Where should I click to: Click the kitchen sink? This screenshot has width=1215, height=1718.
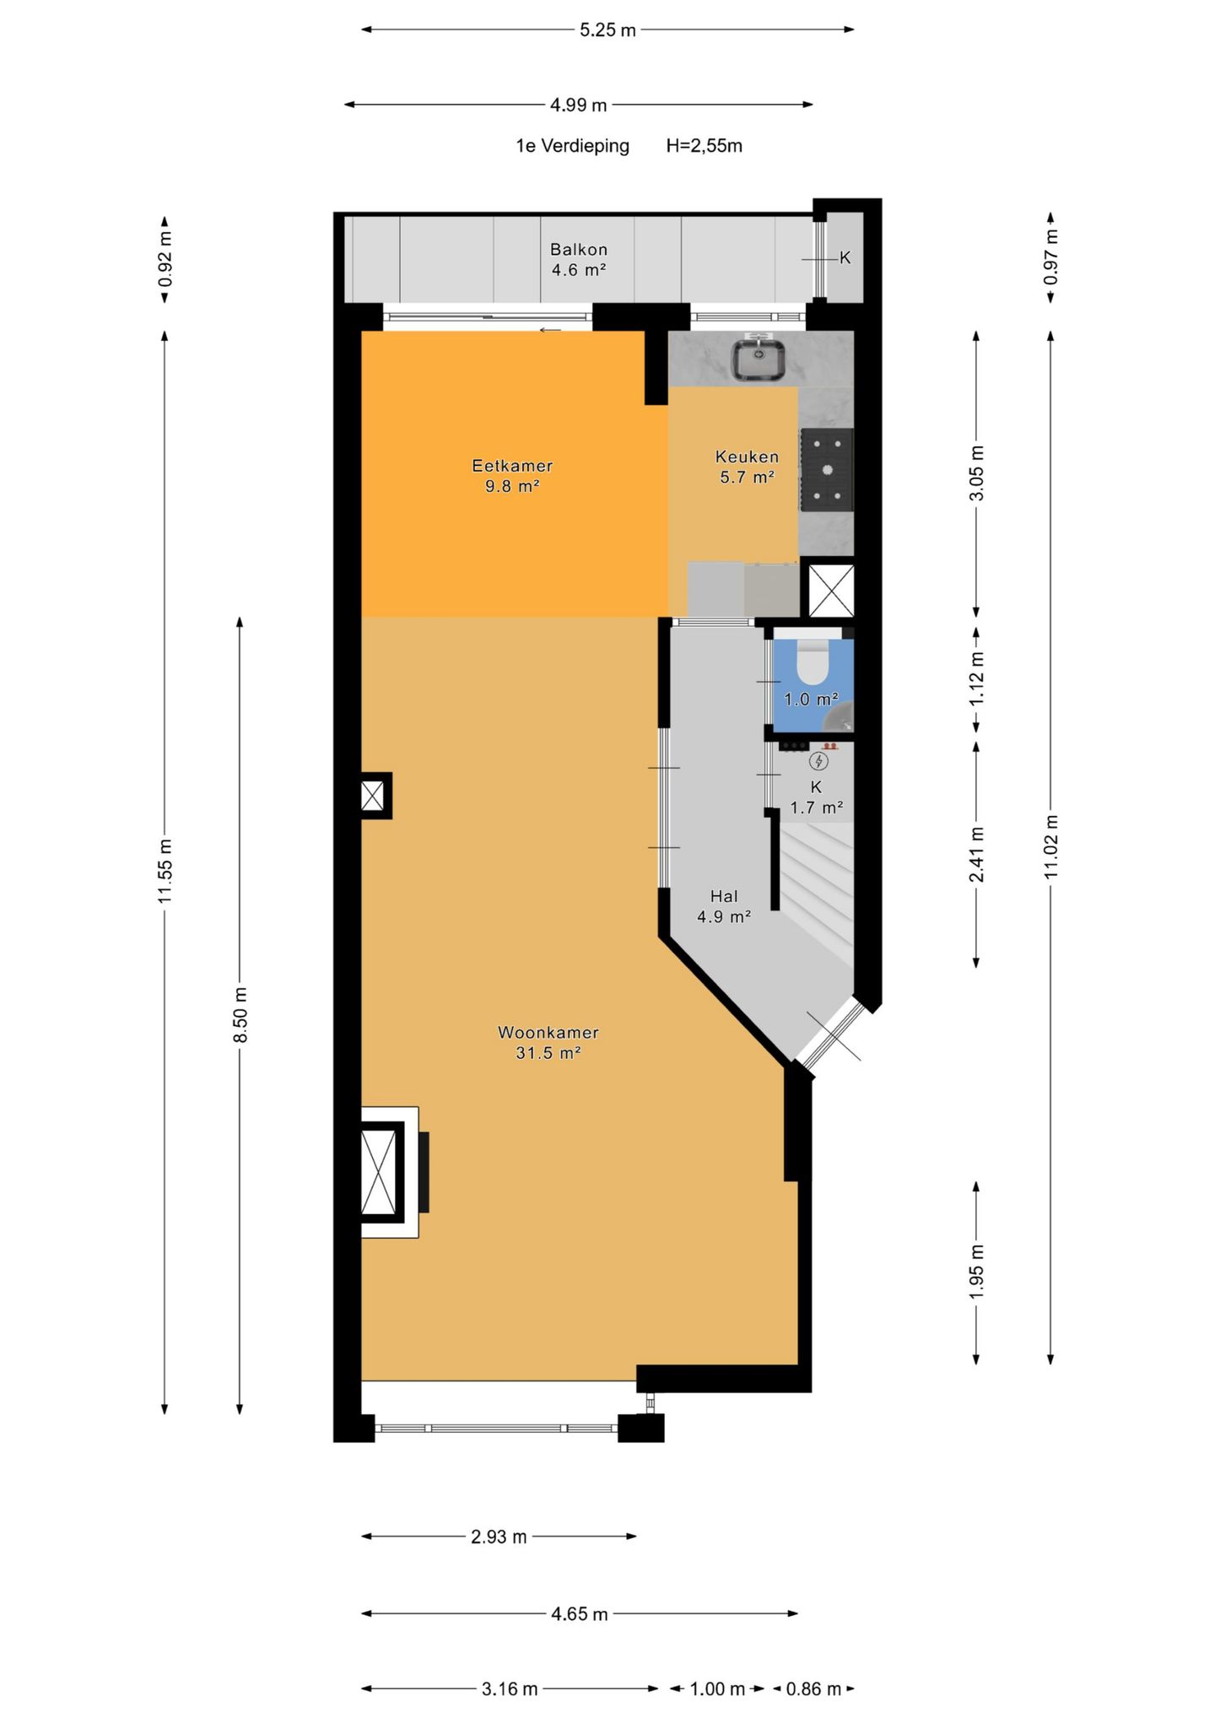[x=758, y=359]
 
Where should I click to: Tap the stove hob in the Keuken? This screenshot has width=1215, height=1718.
[x=826, y=470]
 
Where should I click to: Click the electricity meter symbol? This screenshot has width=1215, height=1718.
[x=818, y=761]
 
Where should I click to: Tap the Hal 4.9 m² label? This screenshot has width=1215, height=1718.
[x=724, y=906]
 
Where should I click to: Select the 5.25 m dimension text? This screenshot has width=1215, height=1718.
[x=607, y=30]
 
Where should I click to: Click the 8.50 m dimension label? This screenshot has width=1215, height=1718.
[x=240, y=1014]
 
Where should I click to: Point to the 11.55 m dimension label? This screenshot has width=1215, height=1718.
[x=165, y=871]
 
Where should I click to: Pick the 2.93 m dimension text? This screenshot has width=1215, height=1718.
[x=499, y=1537]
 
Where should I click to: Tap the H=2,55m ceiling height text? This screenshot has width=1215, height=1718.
[x=705, y=146]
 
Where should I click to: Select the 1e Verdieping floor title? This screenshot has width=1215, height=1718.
[x=573, y=146]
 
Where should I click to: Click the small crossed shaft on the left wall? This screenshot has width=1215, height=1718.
[x=373, y=796]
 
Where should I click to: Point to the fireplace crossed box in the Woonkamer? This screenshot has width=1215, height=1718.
[x=378, y=1172]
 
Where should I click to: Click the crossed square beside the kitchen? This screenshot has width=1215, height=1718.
[x=831, y=590]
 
